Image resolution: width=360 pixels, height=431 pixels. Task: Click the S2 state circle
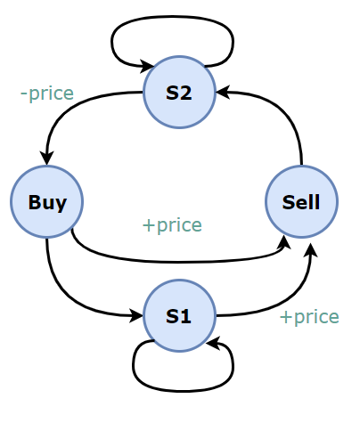[x=179, y=92]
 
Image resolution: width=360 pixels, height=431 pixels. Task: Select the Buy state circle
[x=46, y=202]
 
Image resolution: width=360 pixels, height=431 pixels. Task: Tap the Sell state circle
[x=301, y=202]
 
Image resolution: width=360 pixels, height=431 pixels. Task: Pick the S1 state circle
[x=179, y=315]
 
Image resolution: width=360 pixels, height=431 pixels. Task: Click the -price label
[x=47, y=94]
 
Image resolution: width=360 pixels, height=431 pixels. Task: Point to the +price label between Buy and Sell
[x=172, y=225]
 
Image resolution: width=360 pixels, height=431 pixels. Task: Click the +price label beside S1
[x=309, y=317]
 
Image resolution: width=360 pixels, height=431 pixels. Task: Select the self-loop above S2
[x=172, y=17]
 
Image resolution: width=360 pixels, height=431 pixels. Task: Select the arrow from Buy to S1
[x=70, y=297]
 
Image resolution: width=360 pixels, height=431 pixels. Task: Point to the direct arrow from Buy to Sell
[x=178, y=262]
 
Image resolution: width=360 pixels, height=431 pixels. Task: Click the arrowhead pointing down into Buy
[x=46, y=158]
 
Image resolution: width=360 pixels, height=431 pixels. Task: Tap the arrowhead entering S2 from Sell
[x=223, y=92]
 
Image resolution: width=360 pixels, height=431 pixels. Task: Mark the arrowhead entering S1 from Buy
[x=136, y=315]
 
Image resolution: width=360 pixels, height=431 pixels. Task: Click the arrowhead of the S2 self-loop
[x=147, y=66]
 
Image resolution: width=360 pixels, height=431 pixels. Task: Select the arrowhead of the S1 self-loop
[x=213, y=343]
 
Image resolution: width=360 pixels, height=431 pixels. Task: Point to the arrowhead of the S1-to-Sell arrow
[x=311, y=250]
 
